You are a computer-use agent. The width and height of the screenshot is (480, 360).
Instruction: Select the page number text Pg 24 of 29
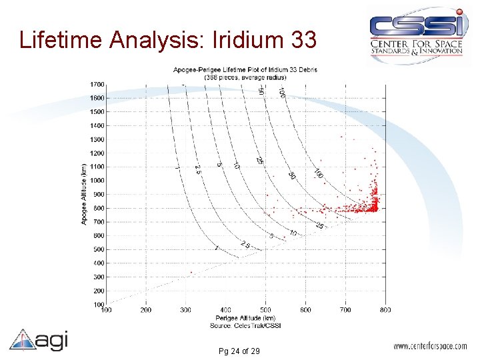coord(238,351)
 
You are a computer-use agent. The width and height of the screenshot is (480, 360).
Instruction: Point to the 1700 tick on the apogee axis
coord(97,84)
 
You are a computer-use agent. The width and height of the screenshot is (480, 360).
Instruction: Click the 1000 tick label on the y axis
coord(97,180)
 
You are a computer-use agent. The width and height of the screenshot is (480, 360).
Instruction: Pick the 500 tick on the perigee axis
coord(266,310)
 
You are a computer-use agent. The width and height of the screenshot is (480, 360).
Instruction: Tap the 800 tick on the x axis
coord(385,310)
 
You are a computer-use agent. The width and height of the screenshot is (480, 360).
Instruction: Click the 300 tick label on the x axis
coord(186,310)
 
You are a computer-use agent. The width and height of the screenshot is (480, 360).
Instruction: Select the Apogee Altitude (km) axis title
coord(84,194)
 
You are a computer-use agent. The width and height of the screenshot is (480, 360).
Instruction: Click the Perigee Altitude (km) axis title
coord(245,317)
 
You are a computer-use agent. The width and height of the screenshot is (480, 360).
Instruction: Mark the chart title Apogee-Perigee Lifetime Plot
coord(245,69)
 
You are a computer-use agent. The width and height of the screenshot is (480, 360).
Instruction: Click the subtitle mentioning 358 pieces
coord(245,76)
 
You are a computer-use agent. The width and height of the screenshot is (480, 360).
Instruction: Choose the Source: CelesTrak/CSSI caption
coord(245,325)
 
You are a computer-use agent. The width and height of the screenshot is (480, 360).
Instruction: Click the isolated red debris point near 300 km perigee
coord(191,272)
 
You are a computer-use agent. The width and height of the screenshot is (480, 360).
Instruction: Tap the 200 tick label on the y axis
coord(99,291)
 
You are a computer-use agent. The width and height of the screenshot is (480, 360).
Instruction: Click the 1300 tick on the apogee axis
coord(97,139)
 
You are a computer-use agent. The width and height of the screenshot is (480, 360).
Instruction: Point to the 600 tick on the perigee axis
coord(305,310)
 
